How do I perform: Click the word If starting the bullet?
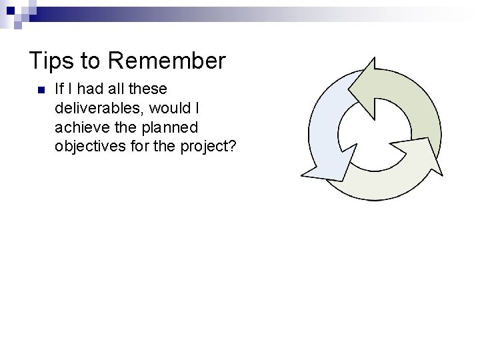pyautogui.click(x=59, y=89)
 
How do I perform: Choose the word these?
pyautogui.click(x=147, y=89)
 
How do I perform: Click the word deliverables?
pyautogui.click(x=97, y=108)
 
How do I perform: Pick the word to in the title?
pyautogui.click(x=89, y=61)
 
